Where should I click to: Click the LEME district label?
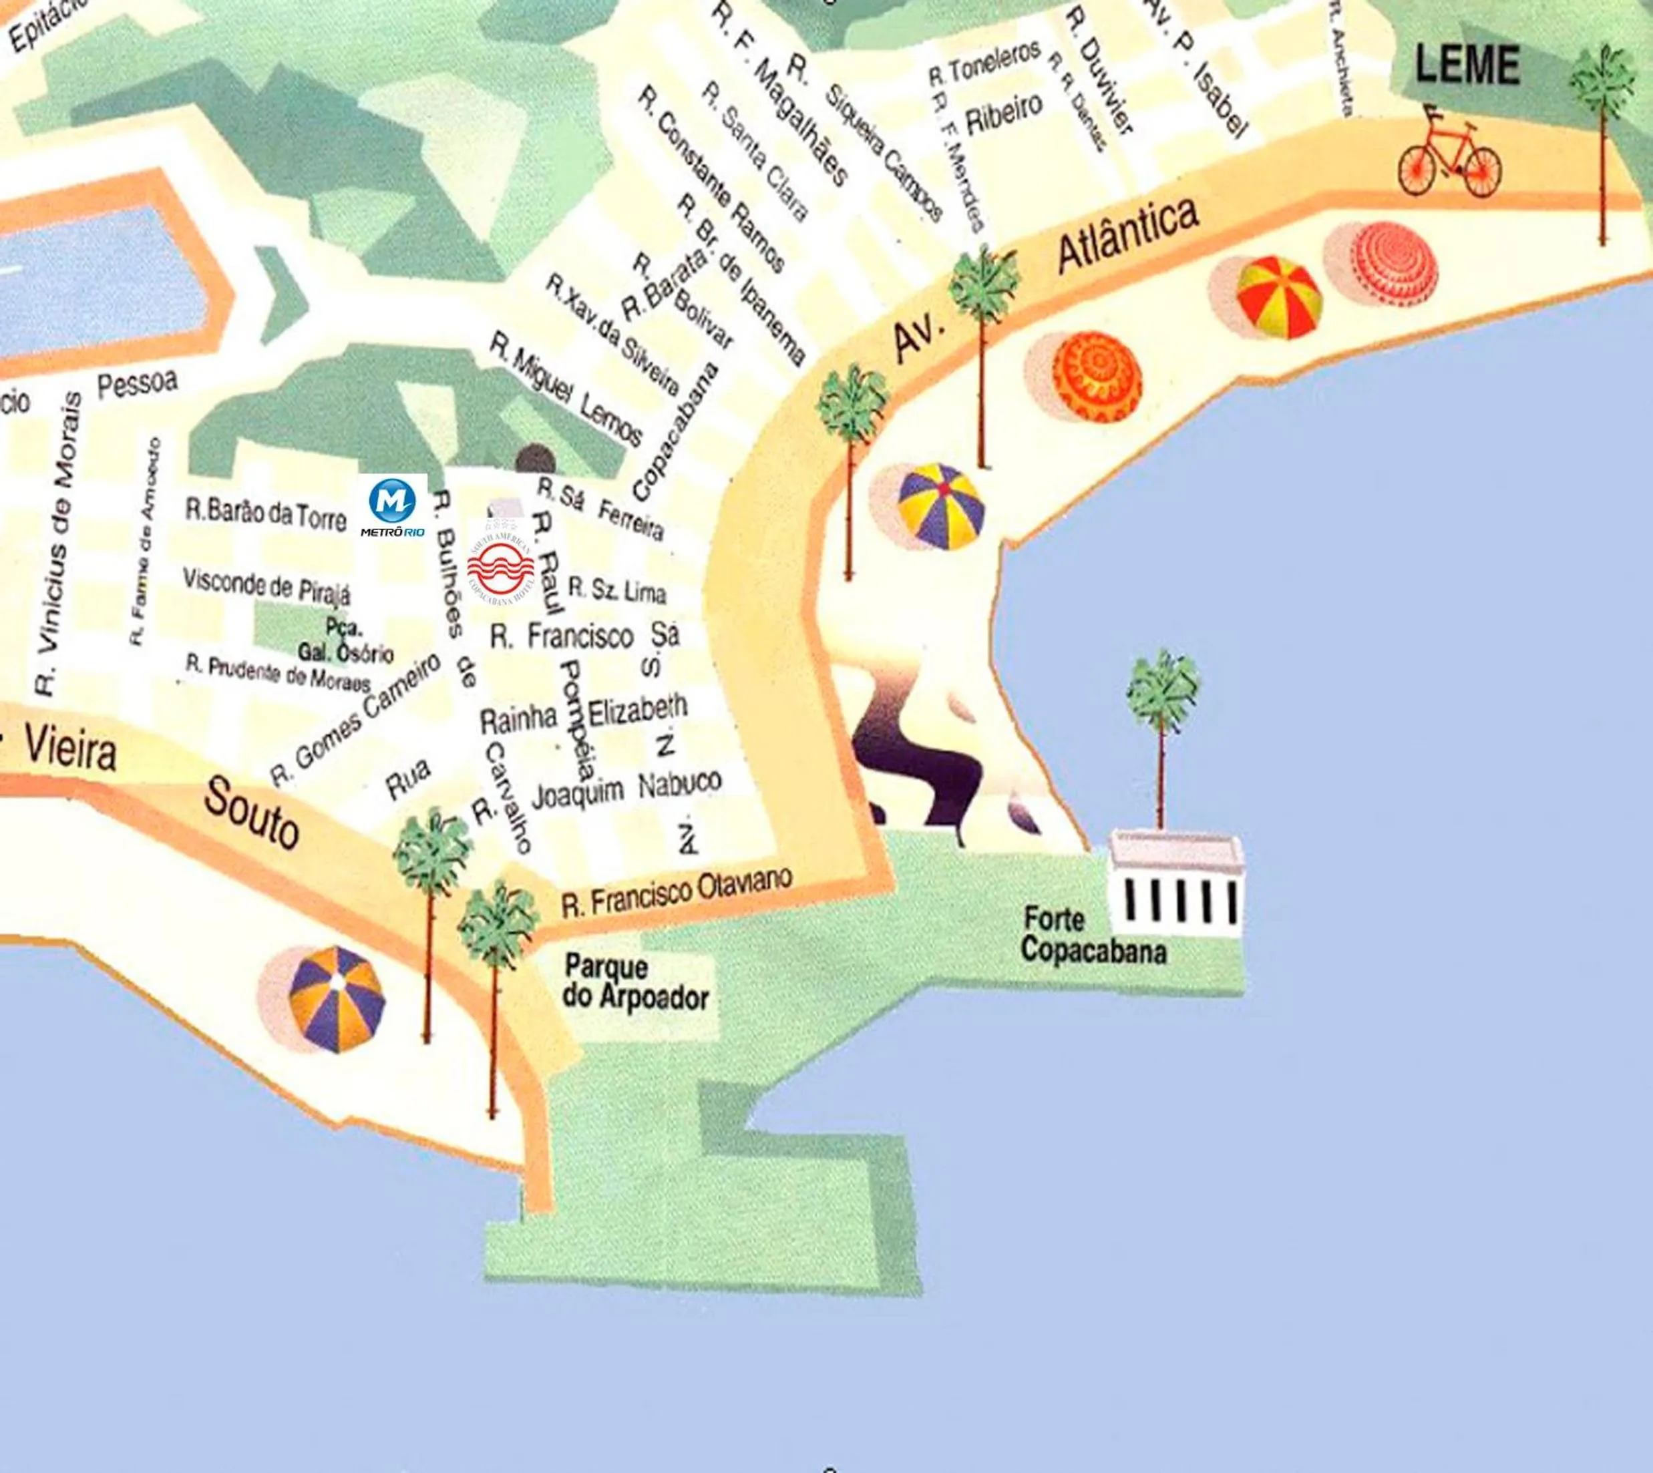click(x=1466, y=66)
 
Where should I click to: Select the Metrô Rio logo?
click(x=393, y=506)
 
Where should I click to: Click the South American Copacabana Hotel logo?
click(x=501, y=566)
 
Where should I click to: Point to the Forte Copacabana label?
click(x=1093, y=935)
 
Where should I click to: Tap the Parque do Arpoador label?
click(x=634, y=982)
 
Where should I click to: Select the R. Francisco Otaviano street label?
click(x=676, y=894)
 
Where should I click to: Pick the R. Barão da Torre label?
click(x=266, y=514)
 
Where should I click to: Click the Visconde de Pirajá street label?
click(x=266, y=585)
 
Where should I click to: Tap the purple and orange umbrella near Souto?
click(x=335, y=1000)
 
